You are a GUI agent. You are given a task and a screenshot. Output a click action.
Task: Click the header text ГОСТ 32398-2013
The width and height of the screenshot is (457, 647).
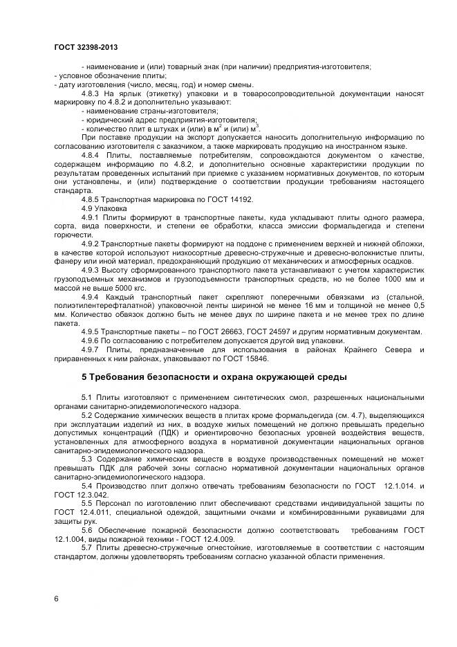coord(86,47)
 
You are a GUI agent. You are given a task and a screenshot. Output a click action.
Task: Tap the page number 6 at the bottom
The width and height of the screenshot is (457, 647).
coord(55,597)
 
